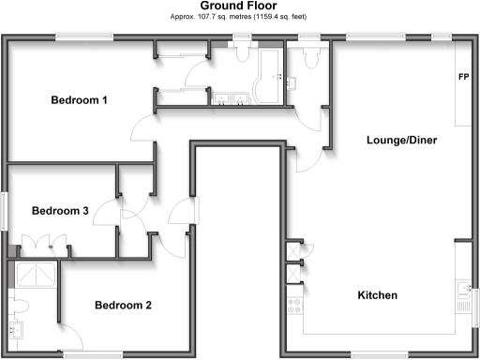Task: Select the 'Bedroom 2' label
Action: pyautogui.click(x=123, y=305)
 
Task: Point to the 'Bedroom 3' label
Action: pyautogui.click(x=60, y=211)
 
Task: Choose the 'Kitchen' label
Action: pyautogui.click(x=378, y=295)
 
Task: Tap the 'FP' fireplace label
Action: pyautogui.click(x=463, y=77)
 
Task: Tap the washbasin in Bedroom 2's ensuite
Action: pyautogui.click(x=17, y=329)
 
